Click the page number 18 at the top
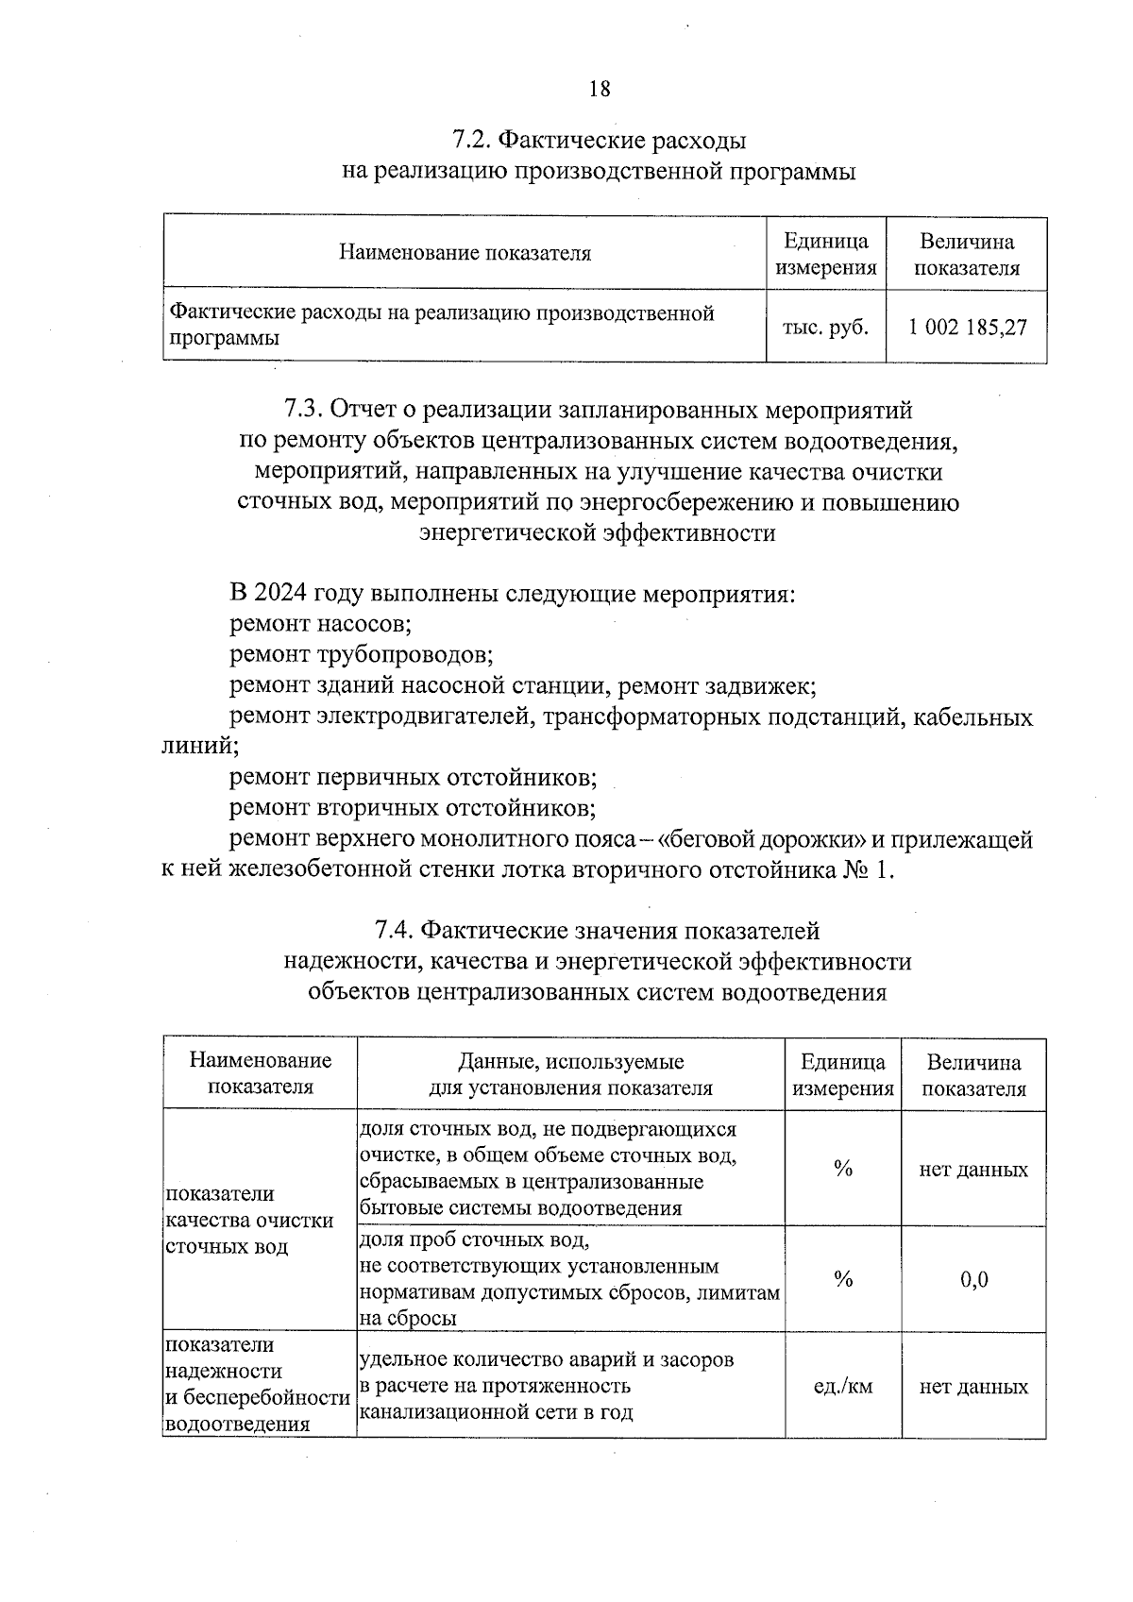tap(600, 90)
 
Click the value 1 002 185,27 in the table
tap(967, 328)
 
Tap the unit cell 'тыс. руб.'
tap(825, 328)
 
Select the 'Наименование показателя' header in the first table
tap(465, 253)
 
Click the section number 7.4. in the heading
tap(394, 931)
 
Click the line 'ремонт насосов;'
tap(320, 624)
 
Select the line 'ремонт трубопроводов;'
tap(361, 654)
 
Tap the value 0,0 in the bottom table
tap(973, 1280)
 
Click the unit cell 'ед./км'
tap(842, 1387)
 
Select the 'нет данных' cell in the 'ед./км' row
tap(973, 1387)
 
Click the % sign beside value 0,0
tap(843, 1280)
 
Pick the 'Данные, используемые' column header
tap(570, 1062)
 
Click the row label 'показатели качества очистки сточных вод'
tap(249, 1220)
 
